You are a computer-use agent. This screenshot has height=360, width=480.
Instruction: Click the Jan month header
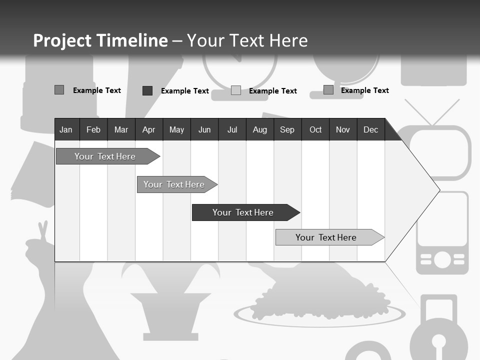click(x=66, y=130)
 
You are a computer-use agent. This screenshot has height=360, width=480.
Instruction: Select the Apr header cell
click(x=149, y=130)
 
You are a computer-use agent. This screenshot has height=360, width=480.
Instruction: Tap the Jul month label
click(x=232, y=130)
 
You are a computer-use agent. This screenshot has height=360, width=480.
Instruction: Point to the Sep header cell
click(x=287, y=130)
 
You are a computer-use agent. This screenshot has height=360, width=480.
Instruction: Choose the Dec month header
click(x=370, y=130)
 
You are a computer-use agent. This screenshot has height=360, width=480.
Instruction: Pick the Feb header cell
click(x=93, y=130)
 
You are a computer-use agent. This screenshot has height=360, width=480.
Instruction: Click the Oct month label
click(x=315, y=130)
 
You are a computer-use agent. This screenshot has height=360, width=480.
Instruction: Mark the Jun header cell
click(x=204, y=130)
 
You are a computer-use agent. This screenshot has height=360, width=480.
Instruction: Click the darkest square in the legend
click(x=147, y=90)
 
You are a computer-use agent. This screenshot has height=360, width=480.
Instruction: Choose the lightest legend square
click(x=236, y=90)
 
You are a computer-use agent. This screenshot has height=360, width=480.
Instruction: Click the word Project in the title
click(x=62, y=40)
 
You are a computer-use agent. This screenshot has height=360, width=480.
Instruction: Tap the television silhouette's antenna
click(x=432, y=111)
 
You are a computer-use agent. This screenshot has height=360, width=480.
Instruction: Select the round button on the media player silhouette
click(x=442, y=259)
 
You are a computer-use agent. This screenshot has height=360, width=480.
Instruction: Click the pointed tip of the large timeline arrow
click(x=438, y=190)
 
